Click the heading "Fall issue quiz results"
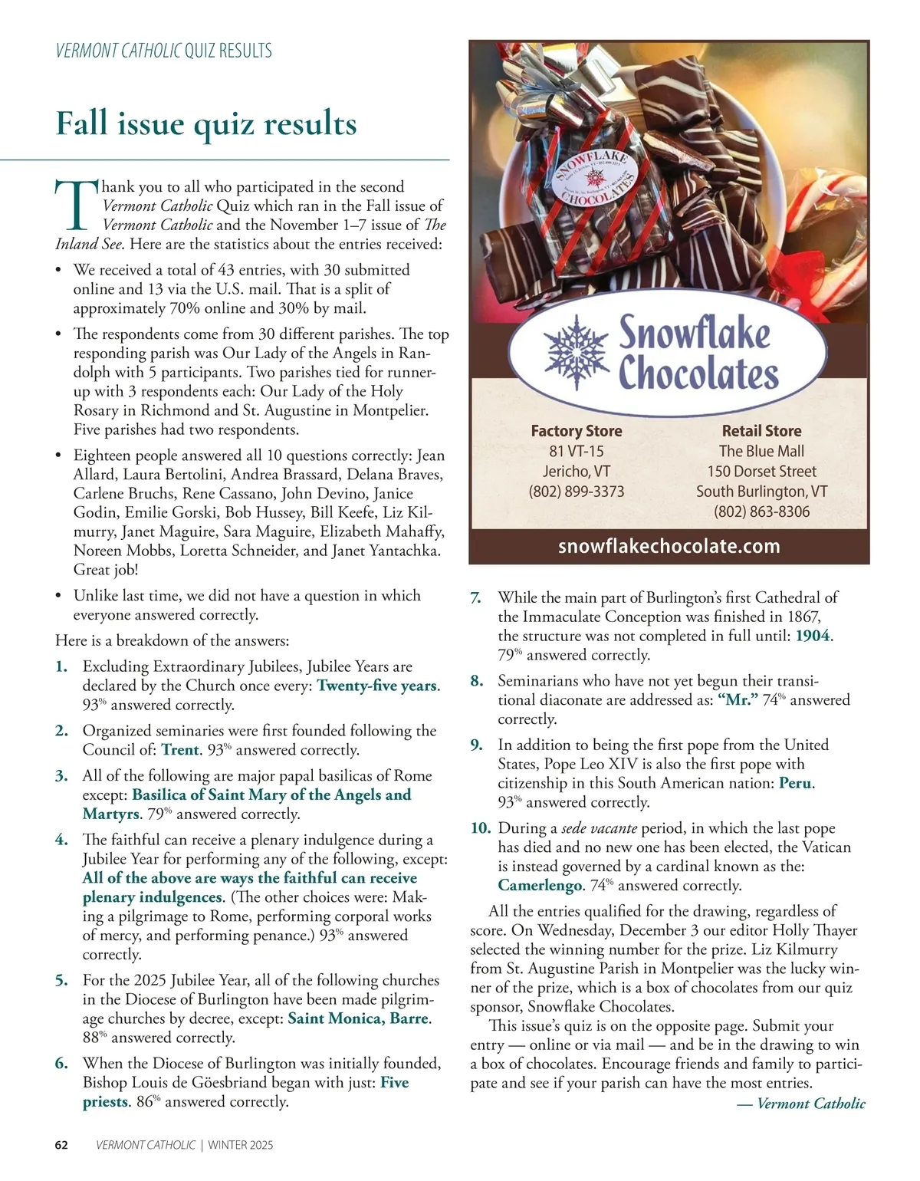(x=206, y=123)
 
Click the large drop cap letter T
(x=77, y=206)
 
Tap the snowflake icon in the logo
(x=575, y=350)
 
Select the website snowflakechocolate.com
(x=669, y=547)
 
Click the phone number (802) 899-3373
(x=577, y=492)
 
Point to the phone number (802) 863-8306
(x=761, y=512)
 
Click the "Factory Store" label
(x=577, y=431)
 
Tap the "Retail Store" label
(x=761, y=431)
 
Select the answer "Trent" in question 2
(x=180, y=750)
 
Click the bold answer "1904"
(x=812, y=636)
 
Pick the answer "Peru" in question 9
(x=795, y=783)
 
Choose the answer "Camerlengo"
(x=540, y=886)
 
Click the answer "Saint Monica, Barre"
(x=357, y=1018)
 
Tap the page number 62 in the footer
(x=62, y=1146)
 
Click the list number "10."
(x=481, y=828)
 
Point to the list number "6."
(x=62, y=1064)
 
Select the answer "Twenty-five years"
(x=376, y=686)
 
